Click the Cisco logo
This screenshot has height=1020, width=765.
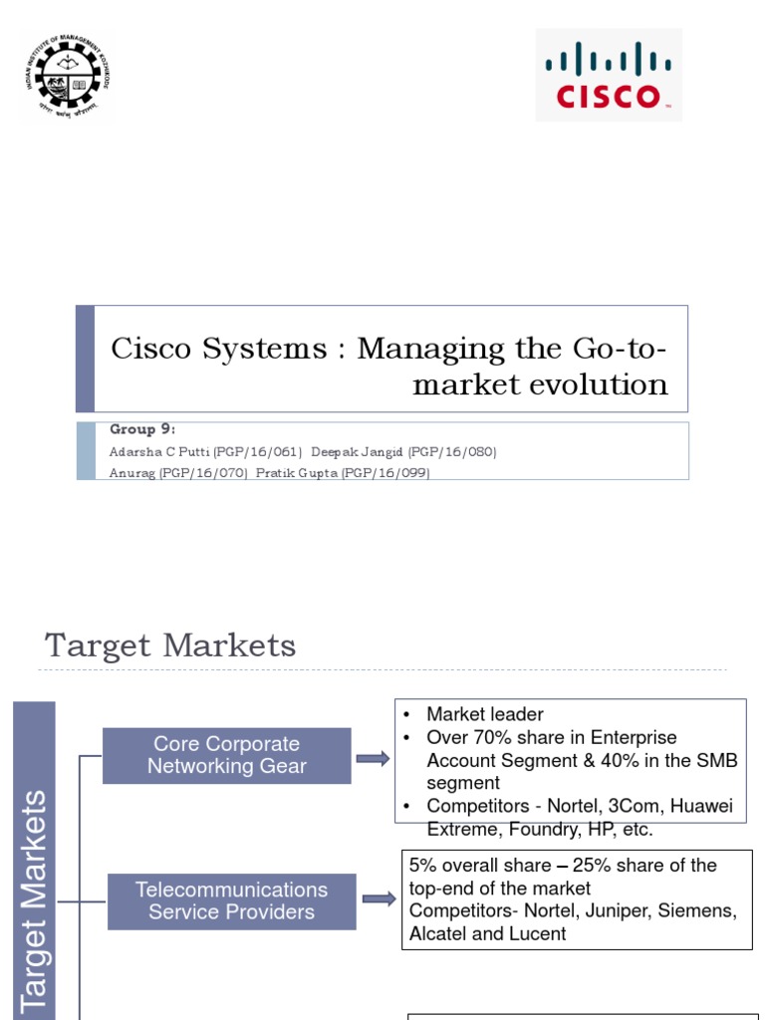pos(609,75)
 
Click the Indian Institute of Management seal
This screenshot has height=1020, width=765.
pos(65,77)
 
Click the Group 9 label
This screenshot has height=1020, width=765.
pos(142,429)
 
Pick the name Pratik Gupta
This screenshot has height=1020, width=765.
pos(296,473)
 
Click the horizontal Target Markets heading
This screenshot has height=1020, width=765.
pos(170,645)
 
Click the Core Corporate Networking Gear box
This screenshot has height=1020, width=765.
pos(226,755)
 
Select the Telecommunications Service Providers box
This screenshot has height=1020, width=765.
pos(231,900)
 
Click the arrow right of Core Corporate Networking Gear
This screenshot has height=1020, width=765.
pos(373,759)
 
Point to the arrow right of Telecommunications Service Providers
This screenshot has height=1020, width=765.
pos(378,899)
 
